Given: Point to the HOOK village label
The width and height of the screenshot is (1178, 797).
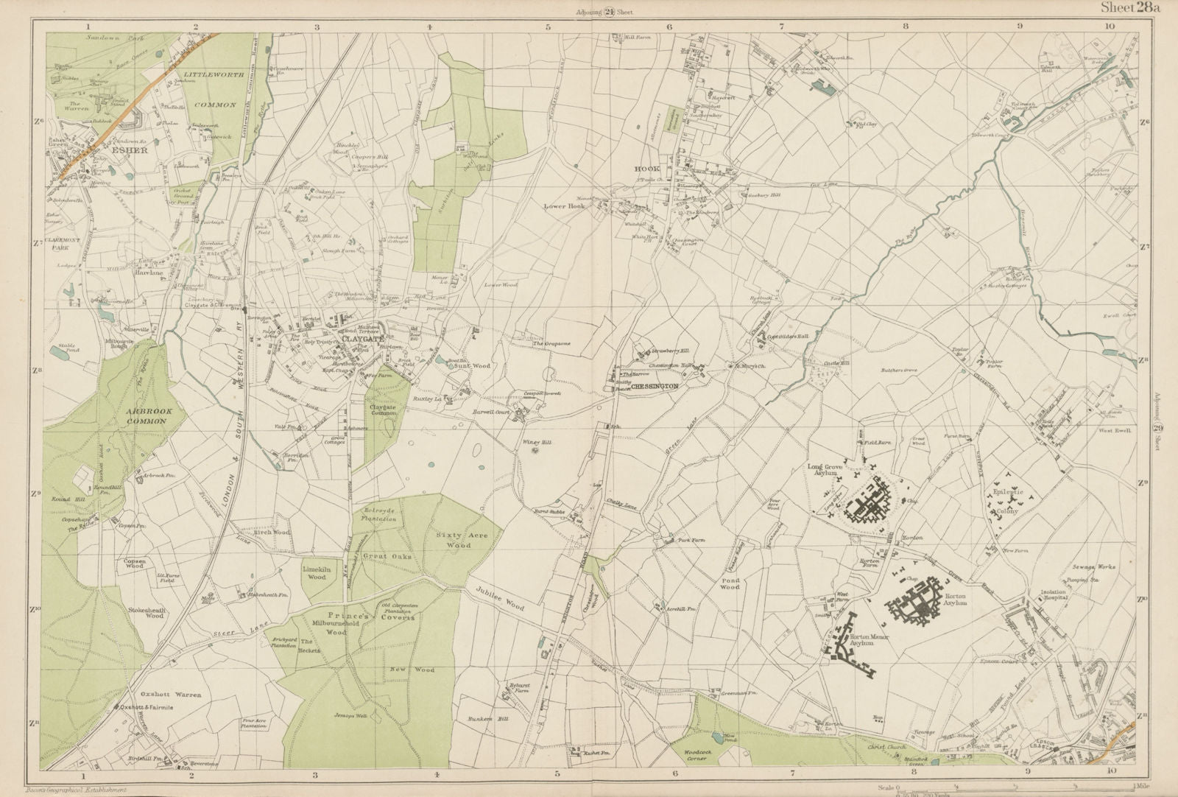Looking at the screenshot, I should pyautogui.click(x=646, y=169).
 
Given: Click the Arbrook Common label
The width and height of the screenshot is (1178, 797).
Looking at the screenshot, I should pyautogui.click(x=135, y=414).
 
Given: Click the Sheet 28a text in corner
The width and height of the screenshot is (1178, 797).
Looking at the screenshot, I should pyautogui.click(x=1129, y=8).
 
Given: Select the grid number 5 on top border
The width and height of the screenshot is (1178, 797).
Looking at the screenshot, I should pyautogui.click(x=548, y=27).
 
